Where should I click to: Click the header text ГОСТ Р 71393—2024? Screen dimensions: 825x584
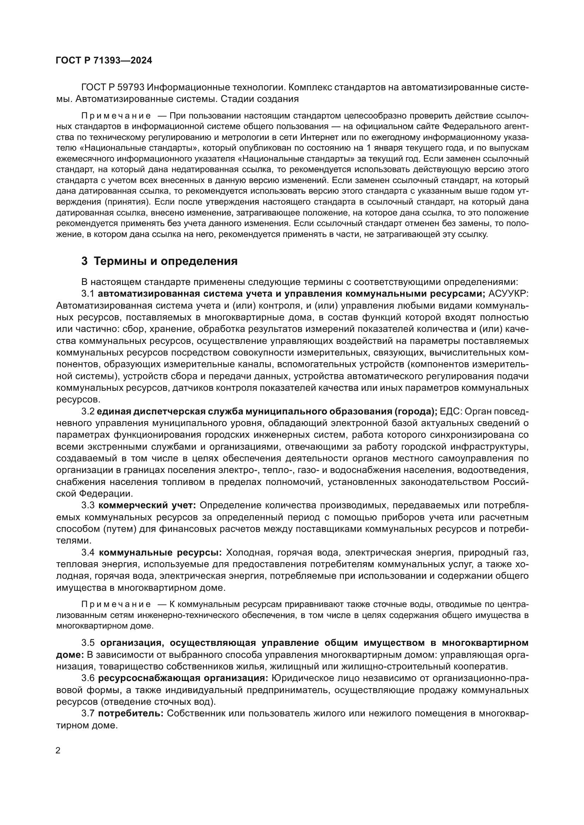(x=104, y=60)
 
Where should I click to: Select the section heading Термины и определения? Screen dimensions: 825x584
(x=165, y=261)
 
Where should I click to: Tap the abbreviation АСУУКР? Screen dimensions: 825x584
(x=508, y=294)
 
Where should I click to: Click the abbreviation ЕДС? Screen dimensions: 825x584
(x=449, y=411)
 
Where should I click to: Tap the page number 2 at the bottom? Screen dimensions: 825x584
(x=58, y=751)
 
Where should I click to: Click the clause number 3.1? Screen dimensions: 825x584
(x=88, y=294)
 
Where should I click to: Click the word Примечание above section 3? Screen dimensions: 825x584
(x=116, y=116)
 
